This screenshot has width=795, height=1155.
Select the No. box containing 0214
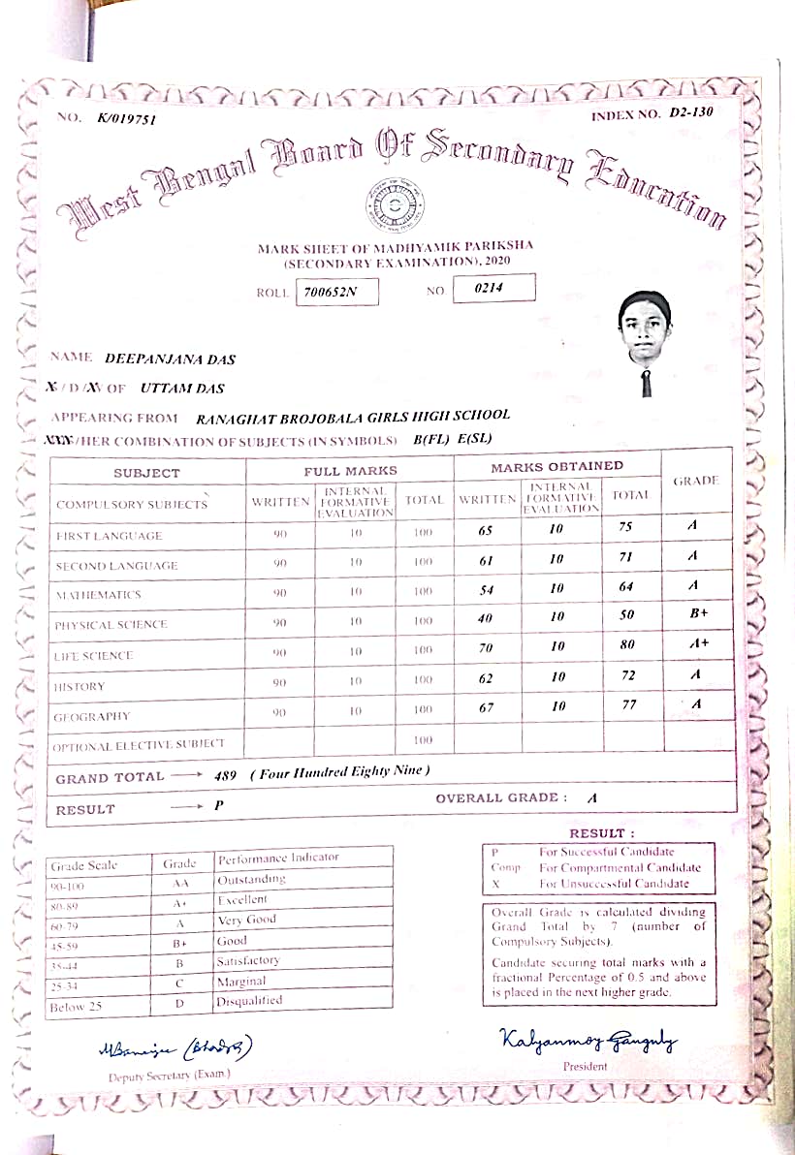(493, 288)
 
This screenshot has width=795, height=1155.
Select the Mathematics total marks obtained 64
(626, 586)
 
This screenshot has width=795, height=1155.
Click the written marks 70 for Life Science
(486, 648)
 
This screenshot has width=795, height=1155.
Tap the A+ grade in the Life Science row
(694, 643)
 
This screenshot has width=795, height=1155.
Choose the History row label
(79, 687)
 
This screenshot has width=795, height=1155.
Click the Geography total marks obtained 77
(629, 705)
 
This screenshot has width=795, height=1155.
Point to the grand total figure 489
(225, 775)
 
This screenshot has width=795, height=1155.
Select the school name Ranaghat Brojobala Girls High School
(353, 418)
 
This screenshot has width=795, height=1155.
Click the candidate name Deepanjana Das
(170, 359)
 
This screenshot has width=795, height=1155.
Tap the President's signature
(588, 1042)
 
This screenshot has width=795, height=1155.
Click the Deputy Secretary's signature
(175, 1049)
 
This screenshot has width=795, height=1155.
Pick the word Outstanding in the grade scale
(251, 879)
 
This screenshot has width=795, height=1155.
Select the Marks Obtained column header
(556, 467)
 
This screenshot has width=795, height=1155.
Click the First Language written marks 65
(486, 530)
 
